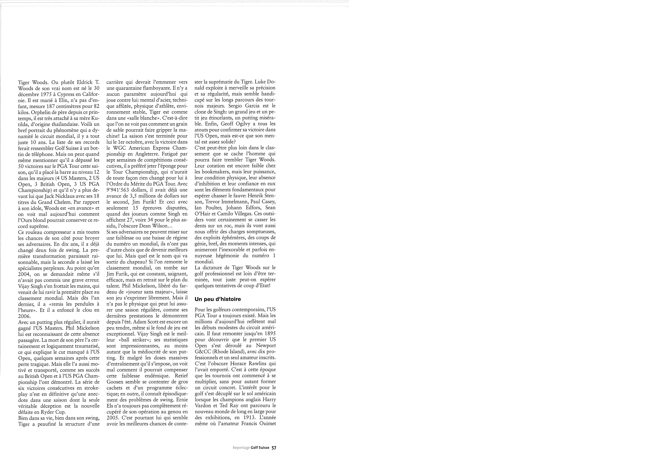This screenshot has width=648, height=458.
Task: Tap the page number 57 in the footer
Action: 274,448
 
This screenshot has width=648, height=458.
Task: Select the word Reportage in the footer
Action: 241,448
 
